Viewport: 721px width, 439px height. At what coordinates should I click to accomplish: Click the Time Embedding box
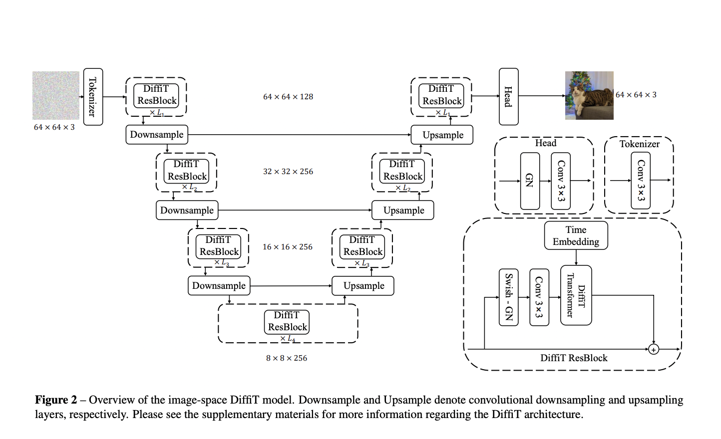click(576, 235)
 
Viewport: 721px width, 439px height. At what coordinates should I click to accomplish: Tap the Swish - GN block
click(508, 297)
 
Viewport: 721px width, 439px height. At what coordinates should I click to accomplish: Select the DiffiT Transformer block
click(576, 295)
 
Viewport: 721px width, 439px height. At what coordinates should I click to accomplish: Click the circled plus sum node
click(654, 349)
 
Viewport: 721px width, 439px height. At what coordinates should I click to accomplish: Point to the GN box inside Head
click(529, 181)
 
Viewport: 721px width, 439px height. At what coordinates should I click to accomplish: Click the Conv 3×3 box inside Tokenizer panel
click(641, 181)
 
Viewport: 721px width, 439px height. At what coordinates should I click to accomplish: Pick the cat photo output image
click(589, 95)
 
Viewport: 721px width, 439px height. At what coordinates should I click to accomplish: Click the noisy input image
click(56, 95)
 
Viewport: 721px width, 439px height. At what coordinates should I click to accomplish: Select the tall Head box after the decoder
click(508, 96)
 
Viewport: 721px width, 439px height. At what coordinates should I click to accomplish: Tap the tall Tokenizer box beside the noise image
click(93, 96)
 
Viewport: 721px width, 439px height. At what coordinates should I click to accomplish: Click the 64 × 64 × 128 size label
click(288, 97)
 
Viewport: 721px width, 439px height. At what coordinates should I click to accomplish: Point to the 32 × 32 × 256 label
click(288, 172)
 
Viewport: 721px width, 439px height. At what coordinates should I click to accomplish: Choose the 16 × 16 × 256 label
click(288, 247)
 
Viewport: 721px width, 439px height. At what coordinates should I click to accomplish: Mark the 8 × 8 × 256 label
click(287, 358)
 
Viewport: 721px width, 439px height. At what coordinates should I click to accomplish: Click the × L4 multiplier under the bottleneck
click(288, 339)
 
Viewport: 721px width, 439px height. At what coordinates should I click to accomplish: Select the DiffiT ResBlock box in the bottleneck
click(287, 321)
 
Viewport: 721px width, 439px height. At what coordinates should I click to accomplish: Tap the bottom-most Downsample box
click(219, 286)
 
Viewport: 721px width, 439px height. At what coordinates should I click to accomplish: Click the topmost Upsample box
click(442, 135)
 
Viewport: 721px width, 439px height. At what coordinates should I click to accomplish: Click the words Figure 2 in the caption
click(56, 400)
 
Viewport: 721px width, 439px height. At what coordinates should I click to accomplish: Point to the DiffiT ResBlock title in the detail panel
click(574, 358)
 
